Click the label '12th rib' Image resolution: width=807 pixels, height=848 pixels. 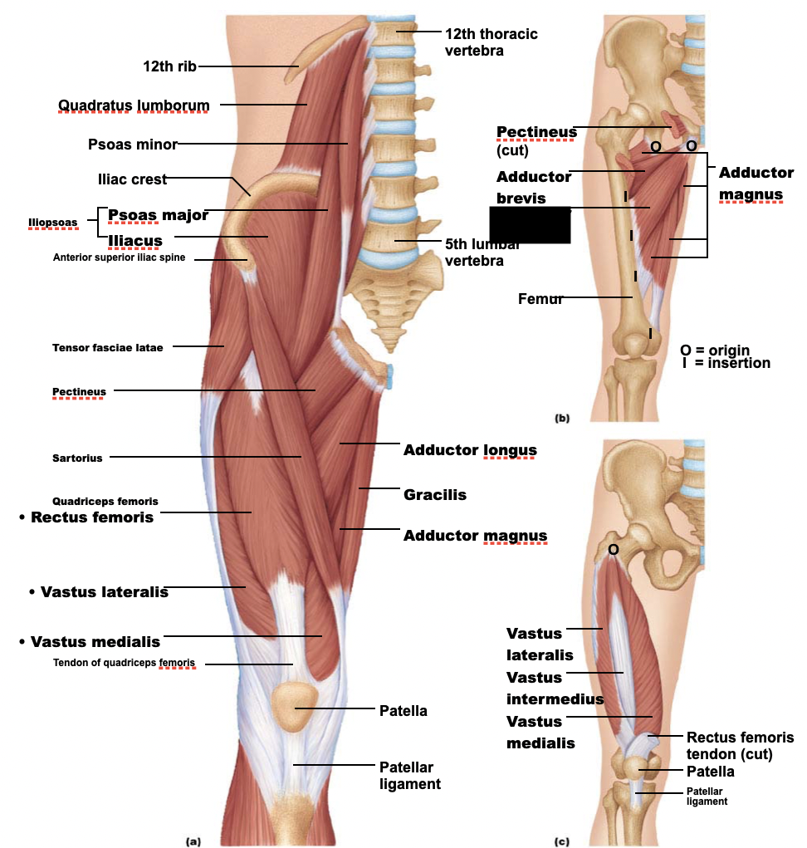pyautogui.click(x=170, y=66)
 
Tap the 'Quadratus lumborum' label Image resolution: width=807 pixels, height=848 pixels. pyautogui.click(x=134, y=105)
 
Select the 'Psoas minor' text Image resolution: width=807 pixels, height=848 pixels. pyautogui.click(x=133, y=145)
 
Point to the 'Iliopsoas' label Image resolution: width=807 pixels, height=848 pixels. pyautogui.click(x=52, y=223)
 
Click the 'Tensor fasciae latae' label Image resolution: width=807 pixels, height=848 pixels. pyautogui.click(x=107, y=347)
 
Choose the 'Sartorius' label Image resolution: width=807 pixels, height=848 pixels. pyautogui.click(x=77, y=458)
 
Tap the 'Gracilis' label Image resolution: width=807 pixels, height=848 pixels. pyautogui.click(x=435, y=495)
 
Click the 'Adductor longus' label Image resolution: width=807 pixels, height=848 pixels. pyautogui.click(x=470, y=450)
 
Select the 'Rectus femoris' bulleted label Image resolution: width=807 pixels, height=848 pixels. pyautogui.click(x=91, y=517)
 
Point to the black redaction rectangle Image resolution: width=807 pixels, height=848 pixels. pyautogui.click(x=530, y=225)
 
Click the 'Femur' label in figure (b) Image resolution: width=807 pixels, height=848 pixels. pyautogui.click(x=540, y=299)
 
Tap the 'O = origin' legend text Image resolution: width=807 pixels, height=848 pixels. pyautogui.click(x=714, y=350)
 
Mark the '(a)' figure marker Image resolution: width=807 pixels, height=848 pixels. pyautogui.click(x=193, y=841)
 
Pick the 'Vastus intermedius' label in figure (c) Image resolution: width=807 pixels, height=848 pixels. pyautogui.click(x=555, y=688)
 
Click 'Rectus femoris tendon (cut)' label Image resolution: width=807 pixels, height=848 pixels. pyautogui.click(x=740, y=746)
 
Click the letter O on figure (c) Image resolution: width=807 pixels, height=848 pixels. pyautogui.click(x=613, y=549)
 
